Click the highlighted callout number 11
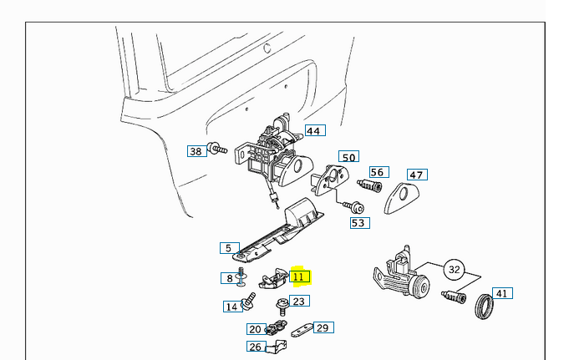300,276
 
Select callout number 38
196,151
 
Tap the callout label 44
313,131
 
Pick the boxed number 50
348,157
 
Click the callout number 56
378,173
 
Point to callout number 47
416,175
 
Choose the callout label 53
359,223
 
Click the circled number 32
455,270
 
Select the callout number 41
502,293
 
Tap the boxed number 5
227,248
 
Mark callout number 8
229,278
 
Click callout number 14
231,307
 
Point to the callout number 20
255,329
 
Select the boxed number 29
323,327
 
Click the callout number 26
256,347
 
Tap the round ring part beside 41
484,307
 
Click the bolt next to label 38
218,150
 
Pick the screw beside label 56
368,185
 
